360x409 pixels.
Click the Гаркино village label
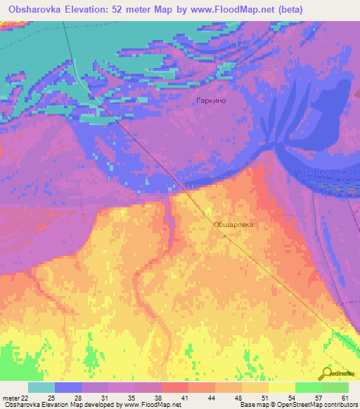211,100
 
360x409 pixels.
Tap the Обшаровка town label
233,225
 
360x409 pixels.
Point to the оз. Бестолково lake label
330,171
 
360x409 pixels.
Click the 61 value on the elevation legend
345,398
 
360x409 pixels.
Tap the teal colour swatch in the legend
41,387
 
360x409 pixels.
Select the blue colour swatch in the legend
67,387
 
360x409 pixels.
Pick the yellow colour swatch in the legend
281,387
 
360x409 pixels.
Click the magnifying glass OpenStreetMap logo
327,372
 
